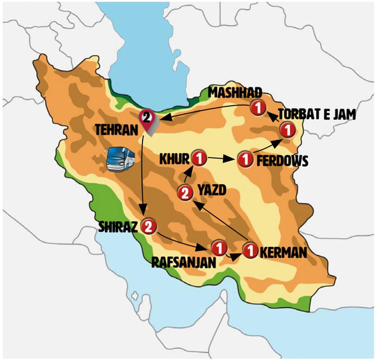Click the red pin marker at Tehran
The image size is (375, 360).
click(x=147, y=119)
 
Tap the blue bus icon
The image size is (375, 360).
click(x=120, y=159)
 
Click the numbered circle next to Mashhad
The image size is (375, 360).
click(x=258, y=108)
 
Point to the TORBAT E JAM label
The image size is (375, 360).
click(x=317, y=114)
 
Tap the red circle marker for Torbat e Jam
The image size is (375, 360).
click(x=287, y=130)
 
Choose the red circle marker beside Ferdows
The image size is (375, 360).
click(x=245, y=159)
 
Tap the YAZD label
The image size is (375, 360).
click(x=212, y=191)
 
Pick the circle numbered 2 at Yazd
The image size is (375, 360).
click(x=185, y=192)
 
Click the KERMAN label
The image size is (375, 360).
click(x=283, y=252)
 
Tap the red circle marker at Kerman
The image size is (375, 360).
click(x=250, y=250)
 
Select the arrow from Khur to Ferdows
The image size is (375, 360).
click(x=220, y=159)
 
